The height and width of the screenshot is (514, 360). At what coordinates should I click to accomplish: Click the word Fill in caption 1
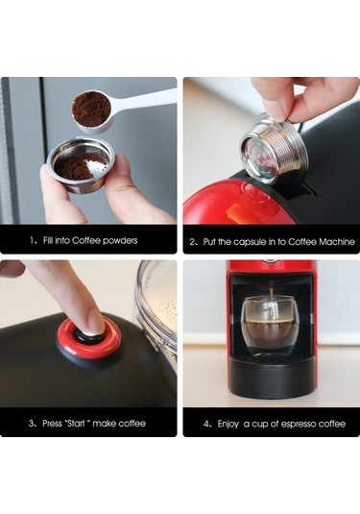click(51, 240)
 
